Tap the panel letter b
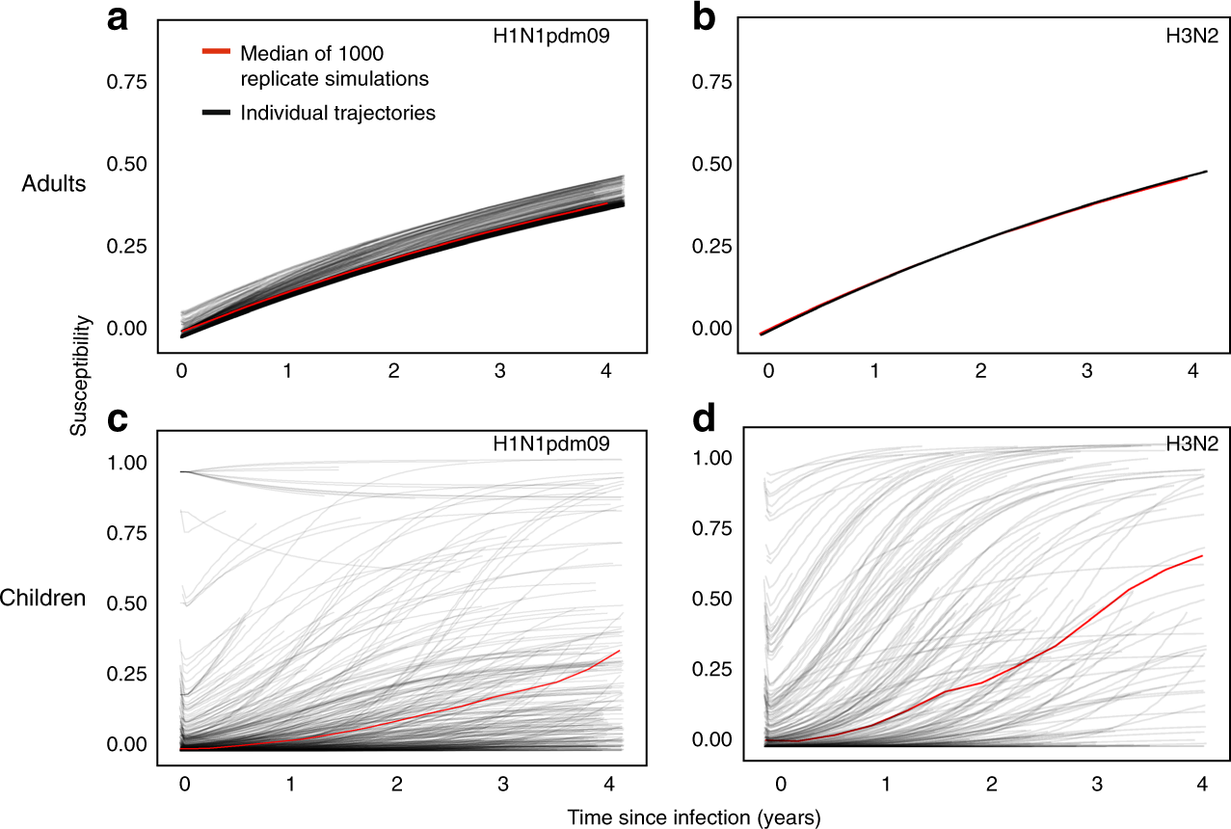pyautogui.click(x=705, y=19)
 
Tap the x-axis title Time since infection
pyautogui.click(x=693, y=817)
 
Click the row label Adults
pyautogui.click(x=55, y=184)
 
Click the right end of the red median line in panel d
pyautogui.click(x=1202, y=556)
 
